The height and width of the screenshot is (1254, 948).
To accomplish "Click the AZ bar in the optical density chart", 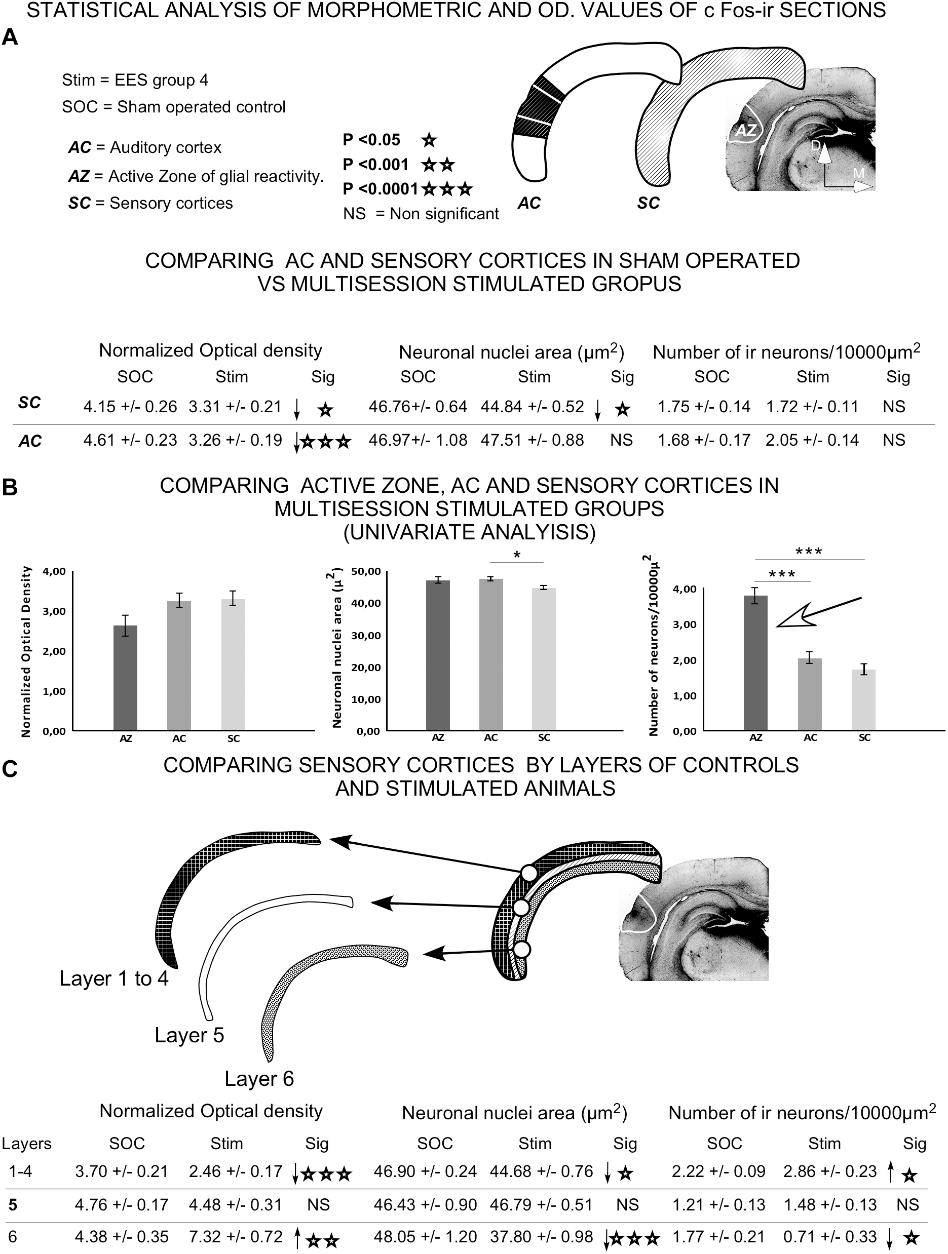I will [125, 678].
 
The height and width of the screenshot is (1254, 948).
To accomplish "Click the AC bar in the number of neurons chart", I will [810, 694].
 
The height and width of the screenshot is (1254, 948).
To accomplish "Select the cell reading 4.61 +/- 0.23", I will [130, 440].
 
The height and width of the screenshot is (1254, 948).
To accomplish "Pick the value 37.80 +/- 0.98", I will [542, 1236].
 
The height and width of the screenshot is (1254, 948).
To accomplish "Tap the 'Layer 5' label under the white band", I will [189, 1035].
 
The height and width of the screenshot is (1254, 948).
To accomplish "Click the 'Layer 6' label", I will [259, 1078].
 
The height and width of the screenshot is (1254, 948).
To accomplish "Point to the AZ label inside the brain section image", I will [746, 130].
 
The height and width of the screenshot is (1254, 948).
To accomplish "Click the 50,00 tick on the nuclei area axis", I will [366, 571].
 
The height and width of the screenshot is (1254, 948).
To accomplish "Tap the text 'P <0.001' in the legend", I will [375, 165].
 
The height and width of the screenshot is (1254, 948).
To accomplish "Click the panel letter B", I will [10, 488].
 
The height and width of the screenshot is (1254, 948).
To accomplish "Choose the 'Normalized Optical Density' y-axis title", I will [26, 652].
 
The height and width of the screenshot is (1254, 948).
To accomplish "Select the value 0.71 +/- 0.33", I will [830, 1236].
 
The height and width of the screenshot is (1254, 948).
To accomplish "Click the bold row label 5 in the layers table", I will [13, 1205].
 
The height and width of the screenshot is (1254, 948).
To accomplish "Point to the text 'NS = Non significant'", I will [421, 214].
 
